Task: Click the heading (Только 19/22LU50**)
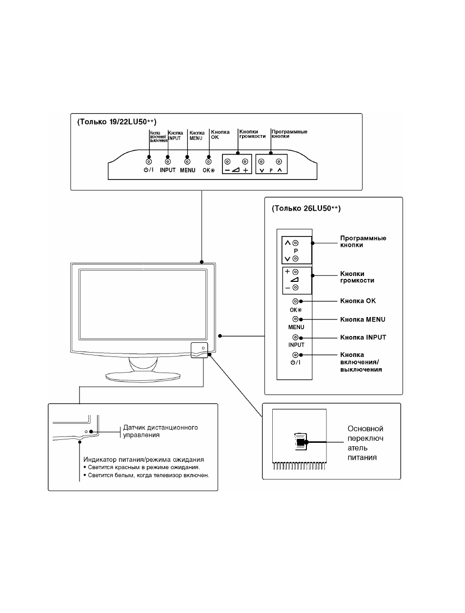click(x=117, y=122)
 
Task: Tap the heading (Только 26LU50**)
click(x=306, y=209)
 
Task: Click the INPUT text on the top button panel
click(x=168, y=170)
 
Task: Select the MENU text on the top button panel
click(x=187, y=170)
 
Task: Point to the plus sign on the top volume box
click(x=245, y=170)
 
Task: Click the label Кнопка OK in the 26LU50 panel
click(x=358, y=301)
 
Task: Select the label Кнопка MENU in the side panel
click(x=363, y=319)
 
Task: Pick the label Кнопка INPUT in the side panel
click(x=363, y=337)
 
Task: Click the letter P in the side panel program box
click(x=296, y=251)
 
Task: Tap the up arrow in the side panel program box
click(x=287, y=243)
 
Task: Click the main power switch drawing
click(x=301, y=442)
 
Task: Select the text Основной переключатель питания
click(x=365, y=443)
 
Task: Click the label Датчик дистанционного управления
click(x=161, y=431)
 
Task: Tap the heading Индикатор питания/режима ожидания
click(x=143, y=459)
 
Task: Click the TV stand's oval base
click(x=143, y=377)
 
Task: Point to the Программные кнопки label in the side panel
click(x=363, y=241)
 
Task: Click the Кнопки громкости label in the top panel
click(x=252, y=134)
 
